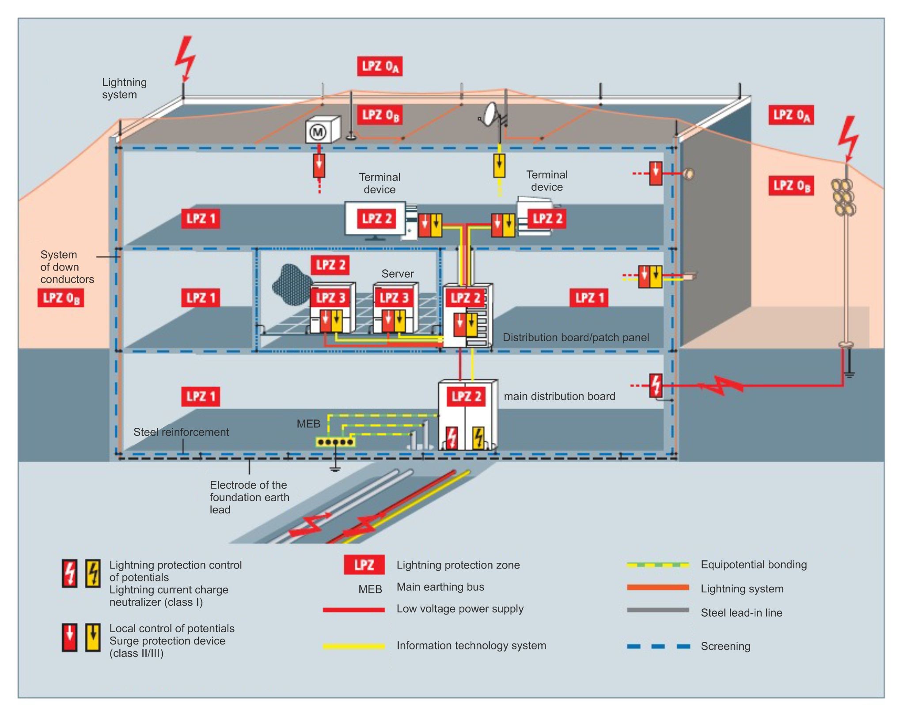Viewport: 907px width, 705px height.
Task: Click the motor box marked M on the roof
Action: coord(322,130)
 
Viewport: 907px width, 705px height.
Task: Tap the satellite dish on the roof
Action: coord(491,113)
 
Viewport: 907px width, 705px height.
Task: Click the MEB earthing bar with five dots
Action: coord(335,441)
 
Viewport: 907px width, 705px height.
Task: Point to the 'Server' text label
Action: coord(398,274)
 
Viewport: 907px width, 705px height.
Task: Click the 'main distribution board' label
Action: coord(559,396)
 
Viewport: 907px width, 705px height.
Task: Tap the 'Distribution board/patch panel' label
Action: coord(576,337)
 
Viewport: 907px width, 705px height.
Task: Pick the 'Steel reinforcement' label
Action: coord(181,432)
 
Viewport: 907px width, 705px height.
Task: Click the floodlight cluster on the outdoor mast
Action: coord(843,196)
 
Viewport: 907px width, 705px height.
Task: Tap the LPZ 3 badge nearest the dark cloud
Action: coord(330,298)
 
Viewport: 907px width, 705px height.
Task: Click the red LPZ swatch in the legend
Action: coord(364,565)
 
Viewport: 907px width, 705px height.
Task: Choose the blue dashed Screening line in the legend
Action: coord(658,646)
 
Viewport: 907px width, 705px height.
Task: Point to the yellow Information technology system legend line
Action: coord(353,646)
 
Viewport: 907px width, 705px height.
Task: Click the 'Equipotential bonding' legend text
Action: coord(754,565)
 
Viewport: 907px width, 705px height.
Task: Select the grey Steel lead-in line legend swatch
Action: coord(658,611)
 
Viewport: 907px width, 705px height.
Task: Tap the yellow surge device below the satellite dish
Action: coord(499,165)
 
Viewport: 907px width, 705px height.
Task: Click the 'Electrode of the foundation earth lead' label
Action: coord(249,497)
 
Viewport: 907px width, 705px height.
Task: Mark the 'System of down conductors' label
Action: coord(67,267)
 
